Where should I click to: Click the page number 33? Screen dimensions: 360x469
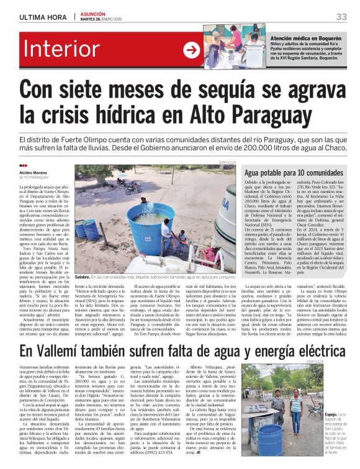[x=341, y=16]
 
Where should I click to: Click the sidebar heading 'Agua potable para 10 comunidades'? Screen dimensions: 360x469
[x=294, y=173]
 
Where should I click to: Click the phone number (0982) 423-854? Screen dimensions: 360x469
[x=180, y=453]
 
